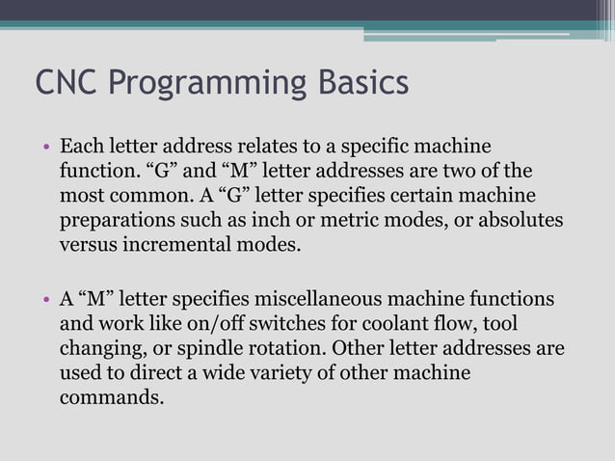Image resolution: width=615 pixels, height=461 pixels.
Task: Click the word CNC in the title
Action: click(67, 83)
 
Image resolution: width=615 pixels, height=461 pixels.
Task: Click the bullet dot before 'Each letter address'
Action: click(45, 149)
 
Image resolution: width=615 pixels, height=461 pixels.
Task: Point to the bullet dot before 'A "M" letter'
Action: click(45, 299)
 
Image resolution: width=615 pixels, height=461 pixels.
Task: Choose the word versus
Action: click(89, 244)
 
